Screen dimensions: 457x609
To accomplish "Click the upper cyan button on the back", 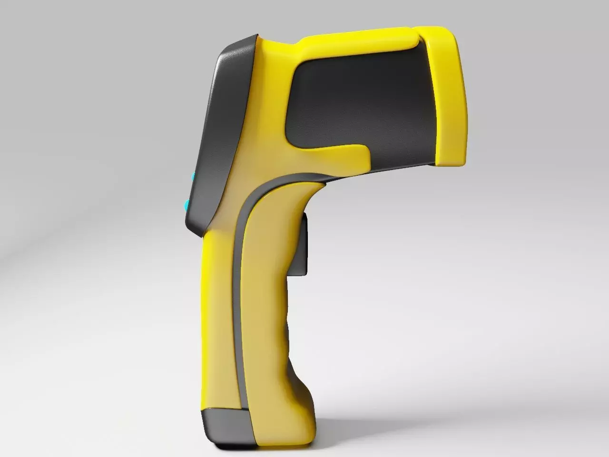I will tap(193, 178).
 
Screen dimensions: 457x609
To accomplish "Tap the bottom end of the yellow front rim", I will tap(450, 162).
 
